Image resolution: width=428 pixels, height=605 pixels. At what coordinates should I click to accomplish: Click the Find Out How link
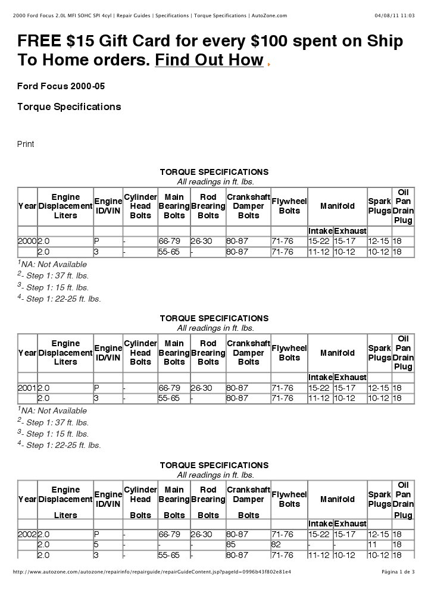pos(208,60)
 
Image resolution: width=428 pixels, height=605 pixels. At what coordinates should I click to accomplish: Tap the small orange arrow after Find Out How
pos(269,62)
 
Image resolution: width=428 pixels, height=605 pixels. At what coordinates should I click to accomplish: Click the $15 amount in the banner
pos(80,41)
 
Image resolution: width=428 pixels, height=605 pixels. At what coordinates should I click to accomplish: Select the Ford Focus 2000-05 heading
pos(61,86)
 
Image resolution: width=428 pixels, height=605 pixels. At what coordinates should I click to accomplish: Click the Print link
pos(26,144)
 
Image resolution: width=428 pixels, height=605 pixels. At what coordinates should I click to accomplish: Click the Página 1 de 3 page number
pos(398,572)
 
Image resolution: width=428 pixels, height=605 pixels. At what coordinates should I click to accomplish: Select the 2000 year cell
pos(27,241)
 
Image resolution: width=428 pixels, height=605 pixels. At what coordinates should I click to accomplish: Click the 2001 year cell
pos(27,388)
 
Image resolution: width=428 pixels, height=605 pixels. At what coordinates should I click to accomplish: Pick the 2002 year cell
pos(27,534)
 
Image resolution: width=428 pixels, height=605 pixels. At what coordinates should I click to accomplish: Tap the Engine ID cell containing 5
pos(96,545)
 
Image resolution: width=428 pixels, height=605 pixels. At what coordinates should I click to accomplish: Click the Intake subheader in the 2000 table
pos(320,231)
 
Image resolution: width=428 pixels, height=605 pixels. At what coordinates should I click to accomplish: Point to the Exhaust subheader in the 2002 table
pos(350,524)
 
